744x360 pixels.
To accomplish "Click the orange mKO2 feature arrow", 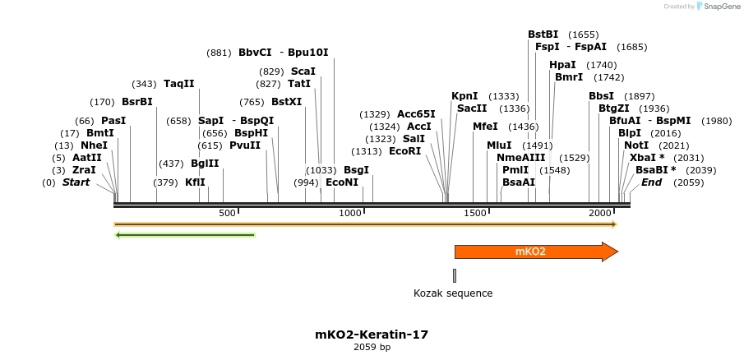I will point(534,252).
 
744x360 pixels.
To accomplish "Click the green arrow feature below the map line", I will point(185,235).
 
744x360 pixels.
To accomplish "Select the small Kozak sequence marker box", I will point(454,275).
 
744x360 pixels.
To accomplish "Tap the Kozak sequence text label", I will point(453,293).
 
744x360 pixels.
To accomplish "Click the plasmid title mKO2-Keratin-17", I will point(372,335).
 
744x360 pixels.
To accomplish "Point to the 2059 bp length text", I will point(372,347).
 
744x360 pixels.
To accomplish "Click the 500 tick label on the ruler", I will point(227,213).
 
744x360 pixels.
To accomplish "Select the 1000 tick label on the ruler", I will point(351,213).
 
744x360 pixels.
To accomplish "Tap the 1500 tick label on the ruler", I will point(475,213).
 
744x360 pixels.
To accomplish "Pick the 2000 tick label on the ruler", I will point(599,213).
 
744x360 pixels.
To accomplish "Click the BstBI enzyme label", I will point(543,35).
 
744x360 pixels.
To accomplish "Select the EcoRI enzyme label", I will point(404,151).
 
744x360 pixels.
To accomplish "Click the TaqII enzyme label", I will point(178,84).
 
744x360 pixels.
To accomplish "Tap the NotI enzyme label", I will point(636,145).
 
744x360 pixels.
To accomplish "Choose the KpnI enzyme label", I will point(464,96).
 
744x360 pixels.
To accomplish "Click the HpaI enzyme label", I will point(562,65).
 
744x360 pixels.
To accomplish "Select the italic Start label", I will point(76,182).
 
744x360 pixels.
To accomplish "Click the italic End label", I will point(651,182).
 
